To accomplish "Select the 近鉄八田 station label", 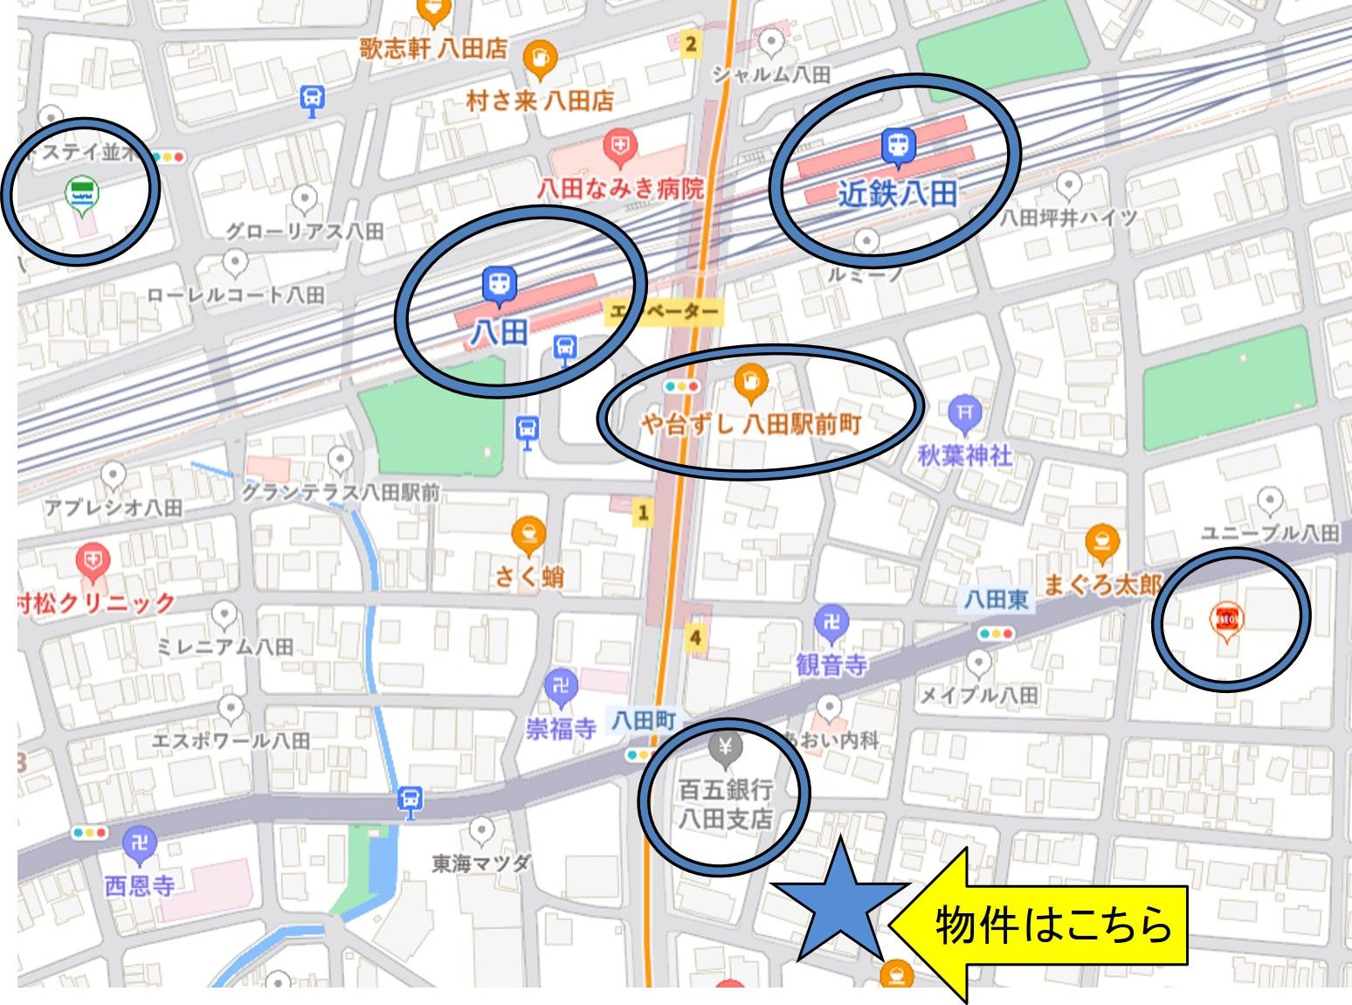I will (x=897, y=193).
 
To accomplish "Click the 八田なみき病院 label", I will (x=620, y=187).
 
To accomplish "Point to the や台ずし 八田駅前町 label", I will (x=751, y=425).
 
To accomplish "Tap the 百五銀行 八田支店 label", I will (x=726, y=804).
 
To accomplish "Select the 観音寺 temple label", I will (x=831, y=665).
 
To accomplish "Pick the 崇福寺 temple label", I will (x=561, y=728).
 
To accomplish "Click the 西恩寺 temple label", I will (x=140, y=885).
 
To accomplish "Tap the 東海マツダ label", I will (x=481, y=863).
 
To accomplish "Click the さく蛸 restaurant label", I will (x=529, y=576).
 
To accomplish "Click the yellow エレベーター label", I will (x=664, y=311).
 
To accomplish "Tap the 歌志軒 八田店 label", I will (x=433, y=48).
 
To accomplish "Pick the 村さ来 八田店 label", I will (x=540, y=100).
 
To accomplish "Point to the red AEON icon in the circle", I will (x=1226, y=618).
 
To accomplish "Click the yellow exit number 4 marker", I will (x=695, y=637).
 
